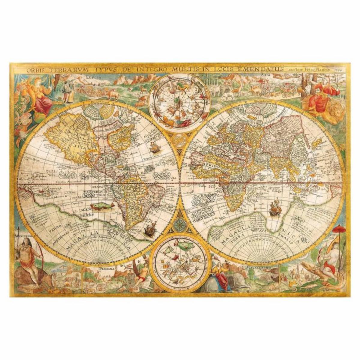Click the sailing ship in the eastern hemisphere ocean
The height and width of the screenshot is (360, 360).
274,208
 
